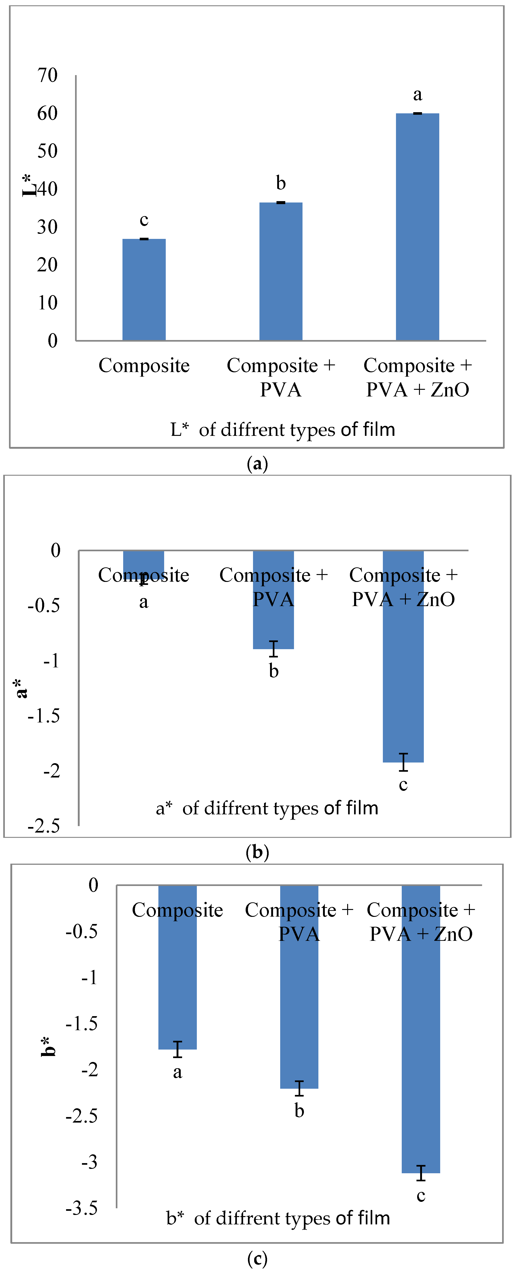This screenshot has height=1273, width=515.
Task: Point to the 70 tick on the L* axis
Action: [x=47, y=76]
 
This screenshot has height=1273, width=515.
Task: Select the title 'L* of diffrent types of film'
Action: [x=282, y=429]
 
